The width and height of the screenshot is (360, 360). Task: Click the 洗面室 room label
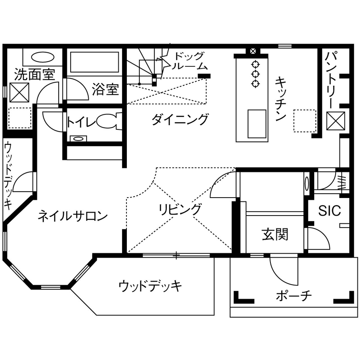34,74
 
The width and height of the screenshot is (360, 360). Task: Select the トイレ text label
80,122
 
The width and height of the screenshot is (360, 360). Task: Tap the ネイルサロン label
72,216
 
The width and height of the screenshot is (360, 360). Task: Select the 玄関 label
275,234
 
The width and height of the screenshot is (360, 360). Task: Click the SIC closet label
329,210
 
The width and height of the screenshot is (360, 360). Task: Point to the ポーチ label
294,296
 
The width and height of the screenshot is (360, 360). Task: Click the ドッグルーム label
190,61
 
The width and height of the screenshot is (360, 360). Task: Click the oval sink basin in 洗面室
42,57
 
